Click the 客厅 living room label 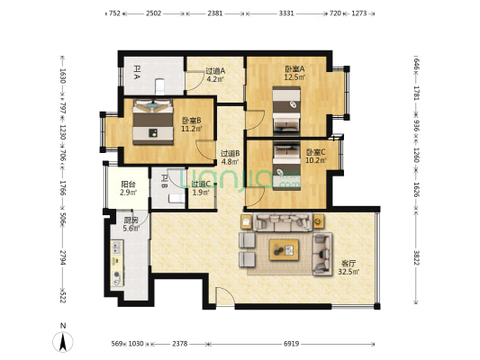tap(348, 263)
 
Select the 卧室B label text tap(190, 121)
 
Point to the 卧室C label tap(315, 152)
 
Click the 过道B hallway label tap(230, 153)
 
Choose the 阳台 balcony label tap(128, 184)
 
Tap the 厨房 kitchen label tap(131, 220)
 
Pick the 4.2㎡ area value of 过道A tap(215, 79)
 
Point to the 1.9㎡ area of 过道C tap(200, 193)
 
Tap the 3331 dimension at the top tap(286, 14)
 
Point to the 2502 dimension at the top tap(154, 14)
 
